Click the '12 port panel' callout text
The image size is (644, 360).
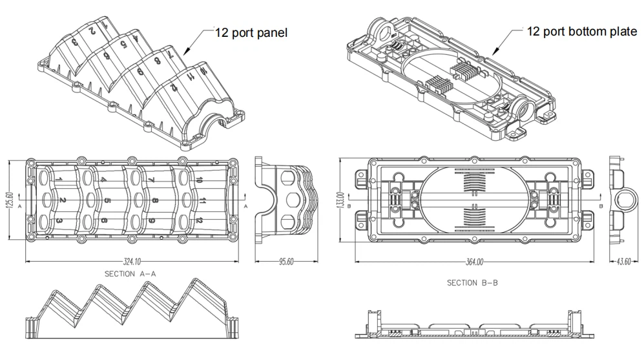pyautogui.click(x=251, y=32)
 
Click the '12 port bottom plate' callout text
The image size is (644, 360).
pyautogui.click(x=582, y=32)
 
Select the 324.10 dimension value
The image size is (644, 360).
pyautogui.click(x=132, y=262)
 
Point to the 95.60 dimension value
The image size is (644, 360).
pyautogui.click(x=286, y=262)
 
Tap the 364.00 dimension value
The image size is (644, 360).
pyautogui.click(x=475, y=262)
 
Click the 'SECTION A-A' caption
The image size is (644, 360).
pyautogui.click(x=132, y=274)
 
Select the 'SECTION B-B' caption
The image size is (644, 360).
pyautogui.click(x=472, y=283)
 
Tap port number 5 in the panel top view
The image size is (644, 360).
pyautogui.click(x=107, y=201)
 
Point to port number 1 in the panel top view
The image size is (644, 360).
pyautogui.click(x=59, y=179)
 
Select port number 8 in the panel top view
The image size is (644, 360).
pyautogui.click(x=154, y=201)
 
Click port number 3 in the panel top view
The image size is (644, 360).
pyautogui.click(x=59, y=221)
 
